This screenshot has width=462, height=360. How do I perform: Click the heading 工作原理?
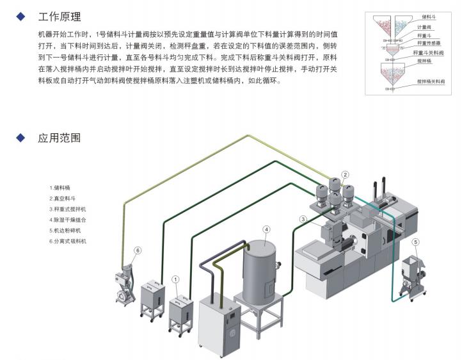[60, 17]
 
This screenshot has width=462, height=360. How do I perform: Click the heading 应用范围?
[60, 138]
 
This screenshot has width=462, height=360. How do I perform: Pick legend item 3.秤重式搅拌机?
[67, 209]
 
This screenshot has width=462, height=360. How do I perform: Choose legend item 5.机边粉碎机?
[65, 230]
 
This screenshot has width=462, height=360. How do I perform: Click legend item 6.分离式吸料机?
[67, 241]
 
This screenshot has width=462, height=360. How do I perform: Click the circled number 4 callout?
[266, 229]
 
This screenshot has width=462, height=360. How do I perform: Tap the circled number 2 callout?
[345, 174]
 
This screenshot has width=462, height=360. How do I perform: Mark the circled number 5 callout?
[415, 241]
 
